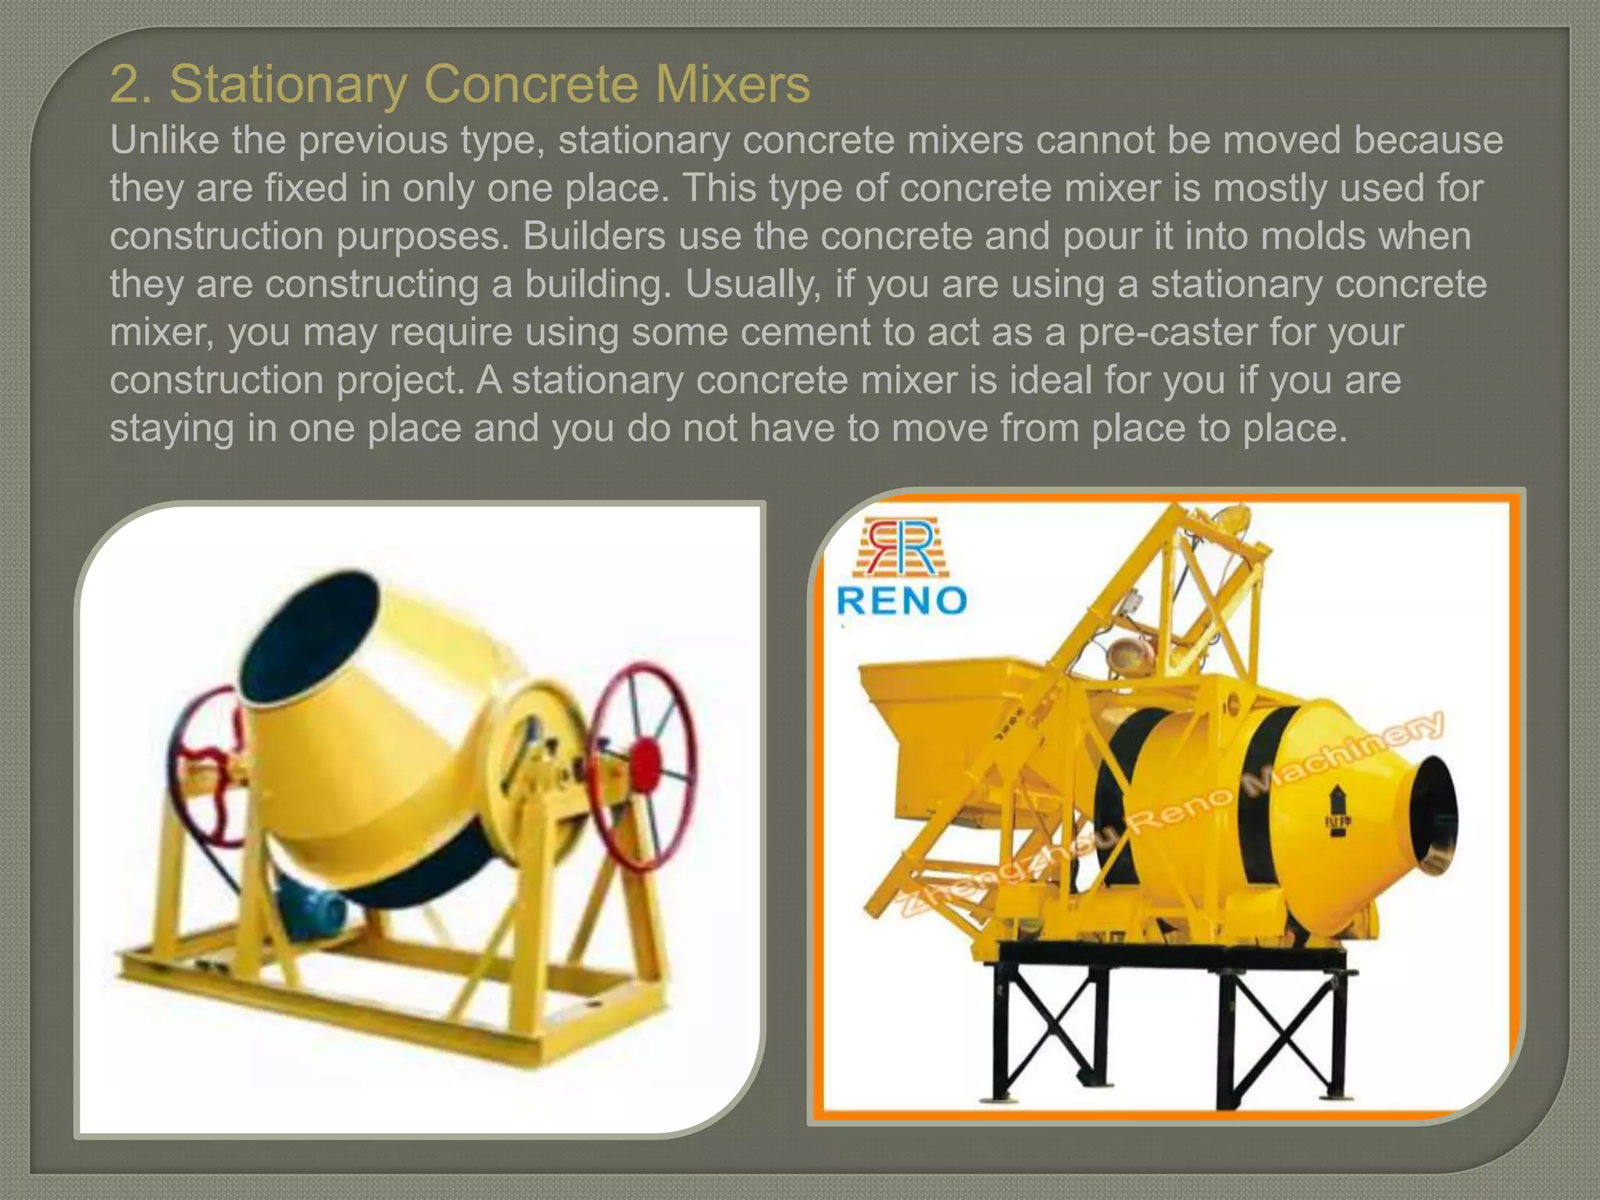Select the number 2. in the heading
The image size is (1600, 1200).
tap(132, 84)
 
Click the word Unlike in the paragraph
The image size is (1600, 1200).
tap(160, 141)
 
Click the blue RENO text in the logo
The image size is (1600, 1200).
tap(902, 601)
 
